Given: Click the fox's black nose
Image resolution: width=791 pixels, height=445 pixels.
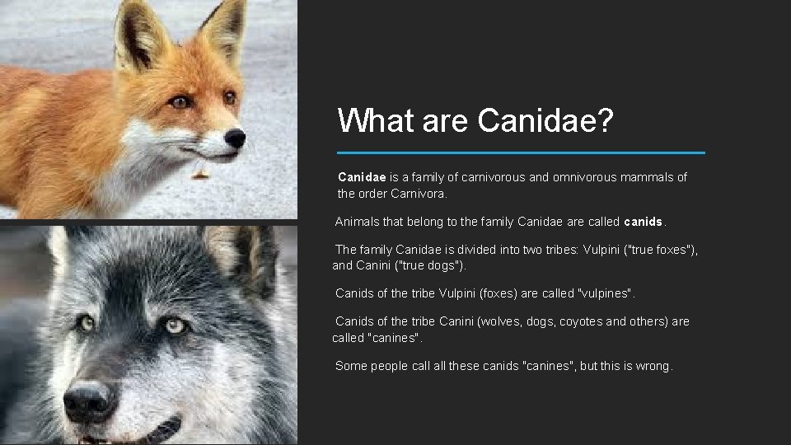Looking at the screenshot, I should tap(235, 138).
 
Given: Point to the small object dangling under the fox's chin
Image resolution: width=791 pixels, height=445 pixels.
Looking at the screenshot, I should tap(199, 173).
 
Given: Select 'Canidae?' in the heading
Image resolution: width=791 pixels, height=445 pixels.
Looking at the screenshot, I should tap(545, 122).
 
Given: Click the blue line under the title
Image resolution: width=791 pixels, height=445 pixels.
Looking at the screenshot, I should tap(522, 152).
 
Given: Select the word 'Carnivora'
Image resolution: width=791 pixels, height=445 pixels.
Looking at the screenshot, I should tap(416, 194).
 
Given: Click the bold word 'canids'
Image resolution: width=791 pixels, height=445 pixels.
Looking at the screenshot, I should tap(644, 222).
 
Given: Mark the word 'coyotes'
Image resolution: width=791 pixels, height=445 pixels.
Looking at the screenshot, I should tap(582, 321).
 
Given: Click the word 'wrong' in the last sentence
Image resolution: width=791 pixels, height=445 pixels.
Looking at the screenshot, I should tap(653, 366).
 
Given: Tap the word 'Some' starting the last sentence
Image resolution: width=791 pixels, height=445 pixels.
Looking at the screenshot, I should tap(351, 366).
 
